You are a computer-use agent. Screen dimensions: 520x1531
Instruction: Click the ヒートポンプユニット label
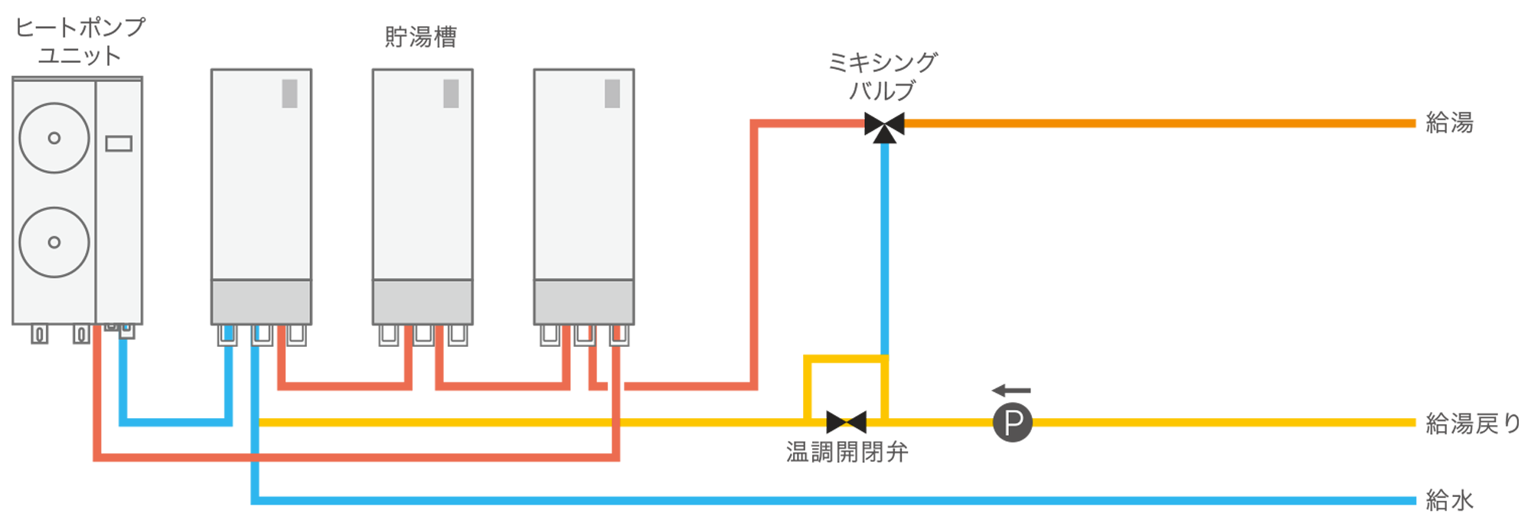(x=80, y=41)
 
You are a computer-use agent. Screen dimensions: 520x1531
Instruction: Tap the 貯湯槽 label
(x=420, y=37)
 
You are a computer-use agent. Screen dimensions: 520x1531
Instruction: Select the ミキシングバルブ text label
(x=883, y=76)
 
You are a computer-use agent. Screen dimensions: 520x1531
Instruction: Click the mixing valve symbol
(x=884, y=126)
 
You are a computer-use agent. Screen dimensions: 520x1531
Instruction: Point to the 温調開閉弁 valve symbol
(x=846, y=422)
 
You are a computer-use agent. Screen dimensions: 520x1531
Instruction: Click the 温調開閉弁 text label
(x=847, y=453)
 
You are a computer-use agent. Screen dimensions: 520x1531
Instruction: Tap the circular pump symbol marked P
(x=1012, y=422)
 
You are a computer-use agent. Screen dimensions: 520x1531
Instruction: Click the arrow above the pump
(x=1011, y=391)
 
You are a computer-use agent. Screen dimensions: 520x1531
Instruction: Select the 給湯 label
(x=1449, y=123)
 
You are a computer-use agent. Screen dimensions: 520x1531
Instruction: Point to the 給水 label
(x=1449, y=501)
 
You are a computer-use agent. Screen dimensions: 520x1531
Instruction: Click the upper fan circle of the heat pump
(x=54, y=138)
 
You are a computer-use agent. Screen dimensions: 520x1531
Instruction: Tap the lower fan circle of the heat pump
(x=54, y=242)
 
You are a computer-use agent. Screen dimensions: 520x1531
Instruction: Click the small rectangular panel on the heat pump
(x=119, y=143)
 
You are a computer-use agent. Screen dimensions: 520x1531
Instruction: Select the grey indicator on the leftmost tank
(x=289, y=93)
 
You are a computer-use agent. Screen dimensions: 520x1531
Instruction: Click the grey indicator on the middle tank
(x=451, y=93)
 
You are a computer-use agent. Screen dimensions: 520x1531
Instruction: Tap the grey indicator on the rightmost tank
(x=612, y=93)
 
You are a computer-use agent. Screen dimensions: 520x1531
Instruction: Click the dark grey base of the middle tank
(x=423, y=302)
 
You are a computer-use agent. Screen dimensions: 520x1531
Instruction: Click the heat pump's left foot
(x=39, y=334)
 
